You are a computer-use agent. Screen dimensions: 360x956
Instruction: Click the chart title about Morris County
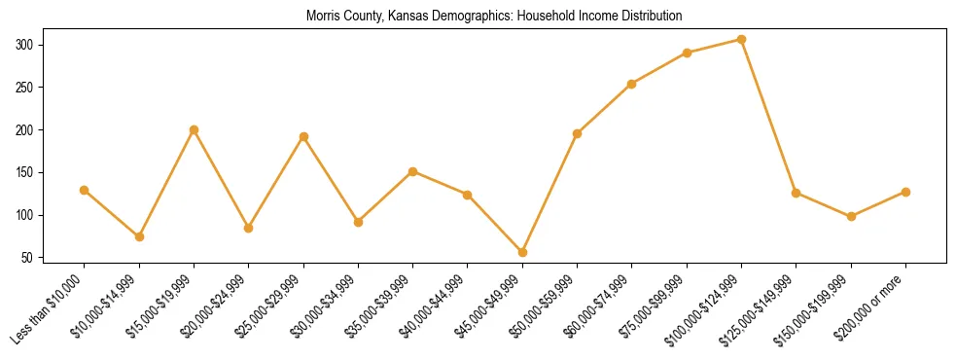(494, 17)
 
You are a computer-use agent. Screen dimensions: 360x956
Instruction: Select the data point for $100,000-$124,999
(742, 40)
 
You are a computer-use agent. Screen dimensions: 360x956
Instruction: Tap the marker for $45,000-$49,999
(523, 253)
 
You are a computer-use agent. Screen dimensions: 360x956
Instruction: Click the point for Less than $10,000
(85, 190)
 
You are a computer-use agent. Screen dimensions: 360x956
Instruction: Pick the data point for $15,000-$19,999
(195, 129)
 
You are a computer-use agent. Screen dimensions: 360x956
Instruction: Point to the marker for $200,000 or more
(906, 192)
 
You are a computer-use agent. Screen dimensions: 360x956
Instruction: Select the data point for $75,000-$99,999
(688, 53)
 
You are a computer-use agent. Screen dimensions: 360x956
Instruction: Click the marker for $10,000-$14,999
(140, 236)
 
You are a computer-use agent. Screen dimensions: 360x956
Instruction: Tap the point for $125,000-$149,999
(797, 193)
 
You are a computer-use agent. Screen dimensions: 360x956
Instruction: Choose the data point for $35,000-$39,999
(413, 171)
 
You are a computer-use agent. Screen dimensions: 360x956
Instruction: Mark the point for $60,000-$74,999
(632, 84)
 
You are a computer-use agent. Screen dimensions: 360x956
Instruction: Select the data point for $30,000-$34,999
(359, 222)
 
